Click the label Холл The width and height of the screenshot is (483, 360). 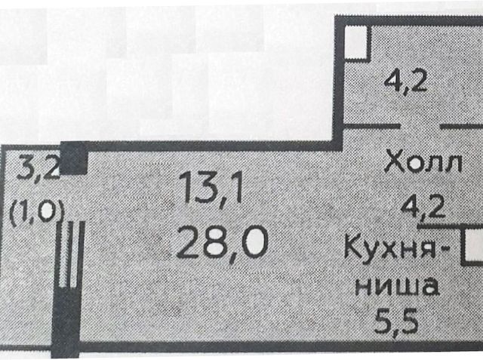[x=422, y=163]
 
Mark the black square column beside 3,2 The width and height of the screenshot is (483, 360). [x=73, y=159]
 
